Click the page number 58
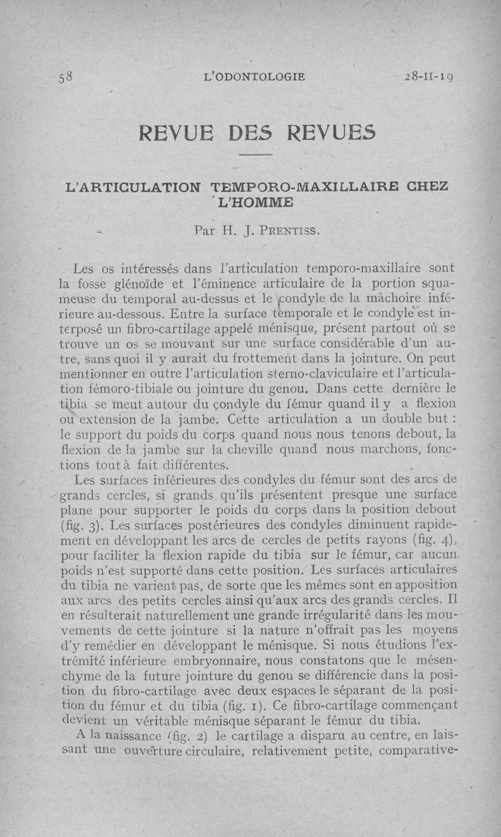point(66,78)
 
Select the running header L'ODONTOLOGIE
point(255,77)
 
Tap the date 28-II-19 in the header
point(429,77)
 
